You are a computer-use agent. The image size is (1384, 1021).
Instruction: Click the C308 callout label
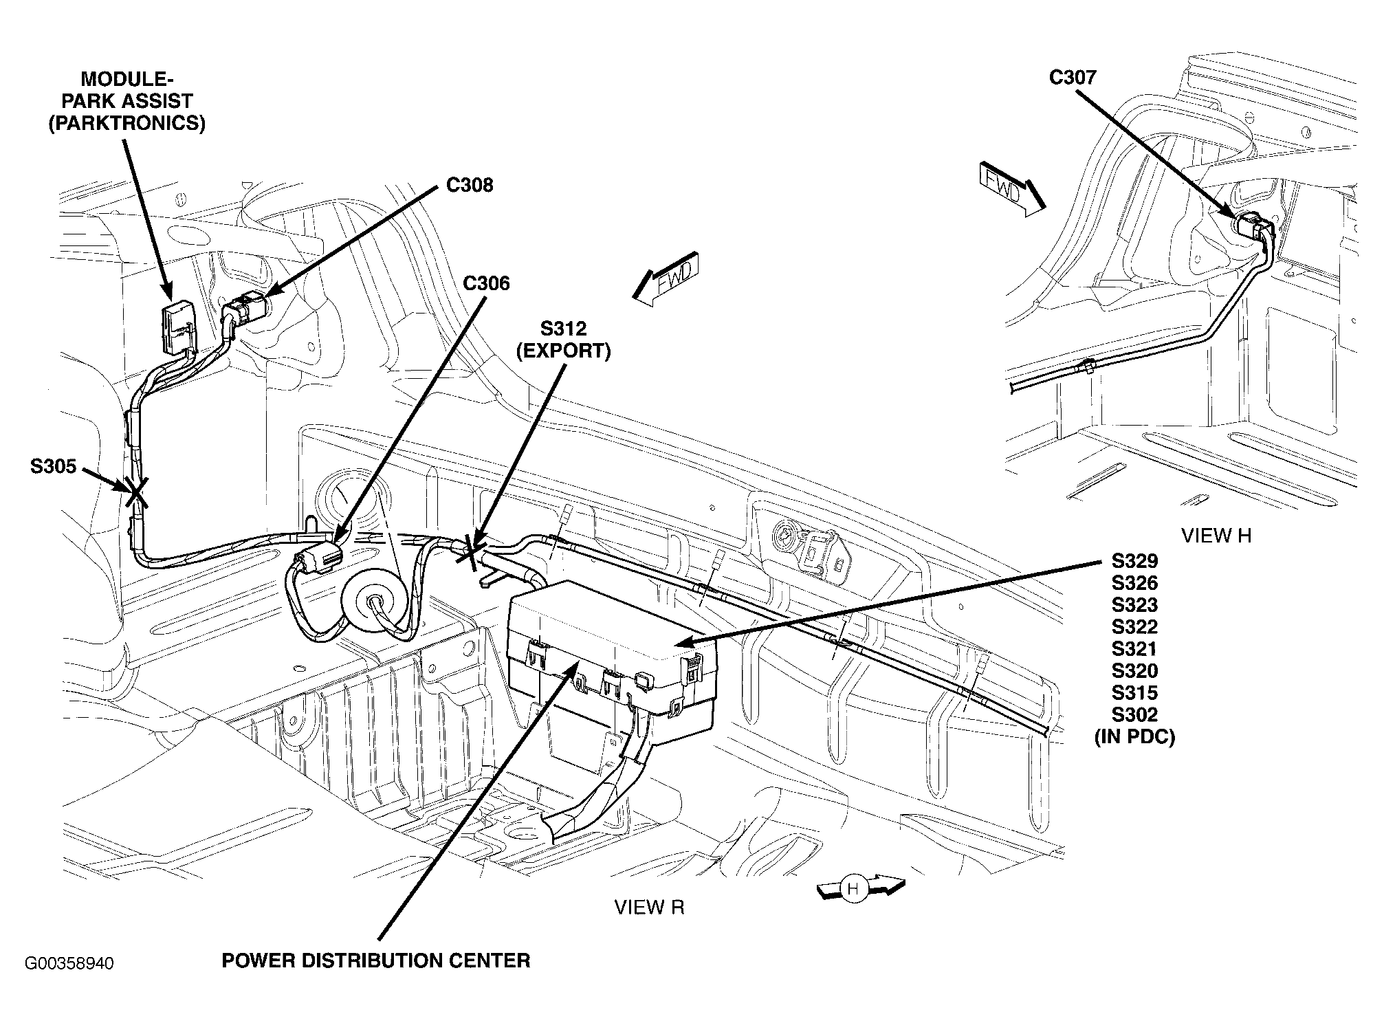point(469,186)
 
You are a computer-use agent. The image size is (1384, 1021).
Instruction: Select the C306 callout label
point(486,283)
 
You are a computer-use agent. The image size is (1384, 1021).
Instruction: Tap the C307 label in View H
point(1072,77)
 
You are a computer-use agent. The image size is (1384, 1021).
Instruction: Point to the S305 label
point(53,466)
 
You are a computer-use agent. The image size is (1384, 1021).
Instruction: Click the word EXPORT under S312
point(563,351)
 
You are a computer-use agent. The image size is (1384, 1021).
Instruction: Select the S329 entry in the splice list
point(1134,561)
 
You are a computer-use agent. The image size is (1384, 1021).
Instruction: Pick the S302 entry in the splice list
point(1134,714)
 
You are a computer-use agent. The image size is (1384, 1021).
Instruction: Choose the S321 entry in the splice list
point(1134,648)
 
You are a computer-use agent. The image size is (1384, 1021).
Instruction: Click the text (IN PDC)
point(1134,737)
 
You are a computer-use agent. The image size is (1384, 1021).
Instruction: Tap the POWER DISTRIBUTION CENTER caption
point(375,960)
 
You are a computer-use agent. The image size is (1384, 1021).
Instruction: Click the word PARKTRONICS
point(127,124)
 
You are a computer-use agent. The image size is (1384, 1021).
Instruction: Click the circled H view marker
point(853,889)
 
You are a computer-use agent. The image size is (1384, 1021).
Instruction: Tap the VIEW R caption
point(649,908)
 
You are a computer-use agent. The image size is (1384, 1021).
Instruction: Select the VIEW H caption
point(1216,536)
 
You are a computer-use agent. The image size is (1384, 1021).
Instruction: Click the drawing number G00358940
point(69,963)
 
